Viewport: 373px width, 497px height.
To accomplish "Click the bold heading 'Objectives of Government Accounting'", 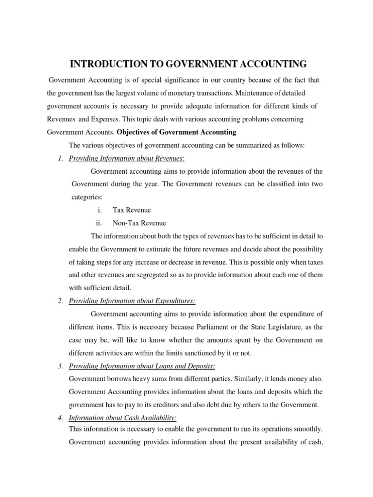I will pyautogui.click(x=177, y=132).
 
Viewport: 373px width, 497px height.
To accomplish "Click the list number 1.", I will pyautogui.click(x=60, y=158).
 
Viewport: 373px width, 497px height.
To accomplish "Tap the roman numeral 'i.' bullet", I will pyautogui.click(x=99, y=210).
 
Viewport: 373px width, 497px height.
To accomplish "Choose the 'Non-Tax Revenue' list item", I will pyautogui.click(x=139, y=223).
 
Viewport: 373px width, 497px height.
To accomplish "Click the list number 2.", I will pyautogui.click(x=60, y=301).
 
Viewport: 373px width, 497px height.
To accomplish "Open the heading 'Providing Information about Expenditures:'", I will pyautogui.click(x=132, y=301).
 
